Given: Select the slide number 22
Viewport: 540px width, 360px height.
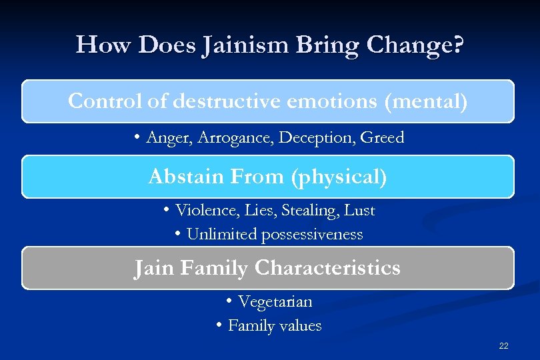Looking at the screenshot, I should click(503, 345).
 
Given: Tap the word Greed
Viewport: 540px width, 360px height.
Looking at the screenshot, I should click(382, 138).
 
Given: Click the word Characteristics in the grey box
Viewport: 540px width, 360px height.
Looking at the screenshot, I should click(327, 268).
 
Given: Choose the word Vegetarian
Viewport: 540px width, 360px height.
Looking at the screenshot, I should click(275, 302).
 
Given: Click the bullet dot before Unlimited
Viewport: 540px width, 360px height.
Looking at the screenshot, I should click(179, 234).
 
